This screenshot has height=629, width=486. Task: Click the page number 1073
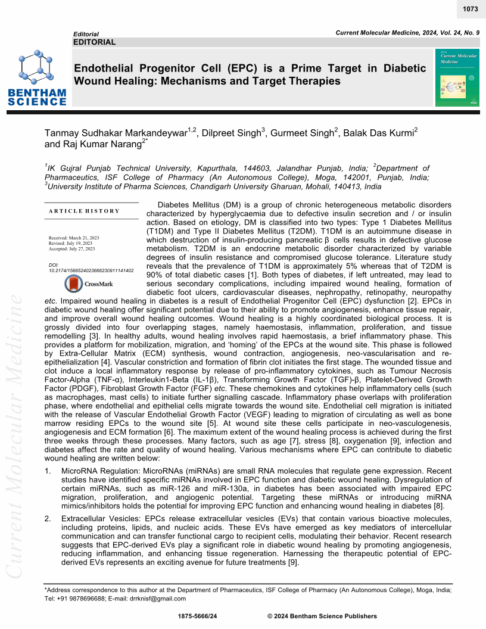tap(470, 9)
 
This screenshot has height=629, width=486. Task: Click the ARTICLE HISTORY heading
tap(85, 211)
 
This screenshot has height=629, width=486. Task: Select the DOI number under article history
tap(91, 270)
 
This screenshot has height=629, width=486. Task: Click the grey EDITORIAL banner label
tap(95, 42)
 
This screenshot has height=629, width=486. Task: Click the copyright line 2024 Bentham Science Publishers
tap(322, 616)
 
